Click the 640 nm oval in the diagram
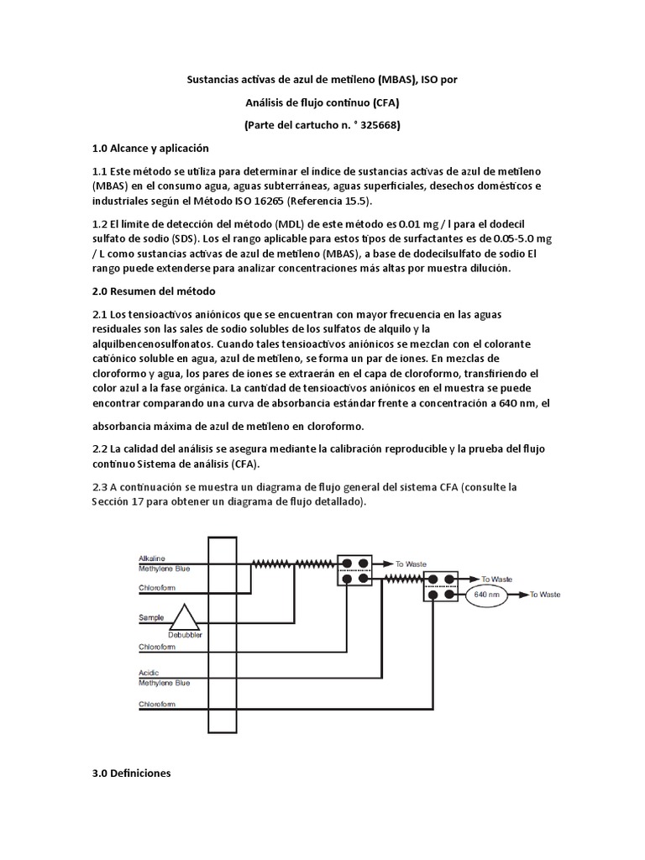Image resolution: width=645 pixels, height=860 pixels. (x=487, y=595)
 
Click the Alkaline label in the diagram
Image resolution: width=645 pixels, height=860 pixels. (x=152, y=558)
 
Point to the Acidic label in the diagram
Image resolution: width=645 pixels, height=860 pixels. (x=148, y=674)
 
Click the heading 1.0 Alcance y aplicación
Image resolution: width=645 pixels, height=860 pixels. (x=149, y=148)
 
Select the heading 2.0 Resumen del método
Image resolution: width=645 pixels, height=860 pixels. (x=154, y=291)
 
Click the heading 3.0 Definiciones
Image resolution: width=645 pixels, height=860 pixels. (x=131, y=773)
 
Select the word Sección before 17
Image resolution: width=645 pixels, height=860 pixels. (x=115, y=501)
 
